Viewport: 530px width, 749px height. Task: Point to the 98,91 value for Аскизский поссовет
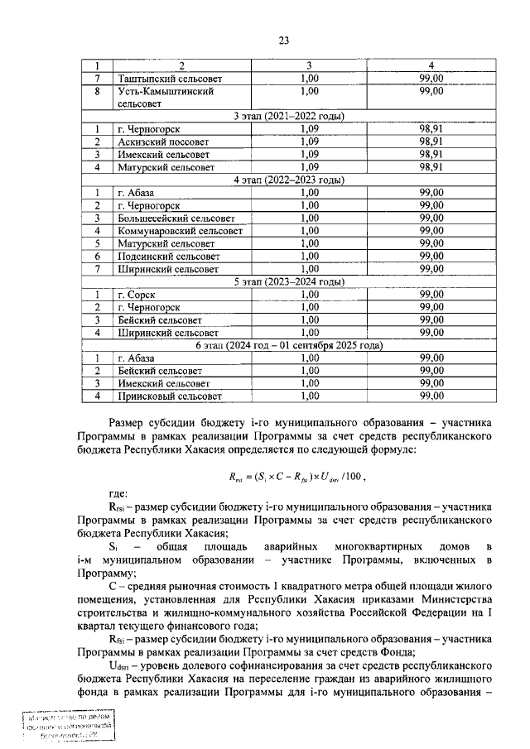431,142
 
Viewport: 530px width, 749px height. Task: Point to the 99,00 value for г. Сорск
431,295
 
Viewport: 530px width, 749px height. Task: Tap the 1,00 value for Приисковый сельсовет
308,396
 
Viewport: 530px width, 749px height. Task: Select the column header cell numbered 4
431,65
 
